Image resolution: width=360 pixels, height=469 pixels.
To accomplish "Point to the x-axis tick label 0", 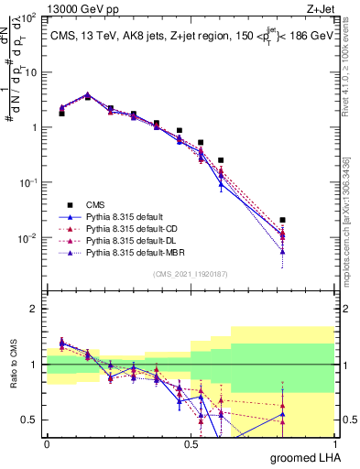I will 47,443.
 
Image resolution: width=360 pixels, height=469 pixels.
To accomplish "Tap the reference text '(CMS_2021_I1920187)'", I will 191,274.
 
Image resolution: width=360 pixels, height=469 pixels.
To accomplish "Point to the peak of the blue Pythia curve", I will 87,93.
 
